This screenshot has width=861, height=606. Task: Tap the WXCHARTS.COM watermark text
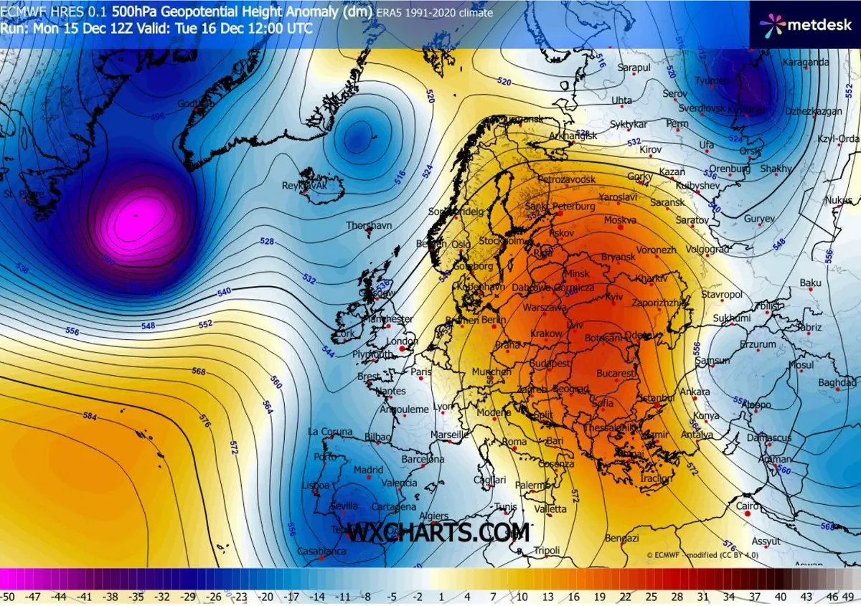click(438, 533)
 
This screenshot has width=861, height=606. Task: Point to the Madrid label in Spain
click(369, 470)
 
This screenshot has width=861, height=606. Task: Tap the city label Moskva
click(621, 219)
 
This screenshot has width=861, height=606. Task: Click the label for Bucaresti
click(616, 374)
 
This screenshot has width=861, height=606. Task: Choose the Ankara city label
click(695, 392)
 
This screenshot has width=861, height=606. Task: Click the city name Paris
click(422, 372)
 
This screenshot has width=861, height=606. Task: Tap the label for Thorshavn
click(369, 225)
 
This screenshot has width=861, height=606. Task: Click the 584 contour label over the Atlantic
click(90, 416)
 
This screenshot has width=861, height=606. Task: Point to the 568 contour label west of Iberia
click(199, 371)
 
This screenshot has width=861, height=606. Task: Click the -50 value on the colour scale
click(9, 596)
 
